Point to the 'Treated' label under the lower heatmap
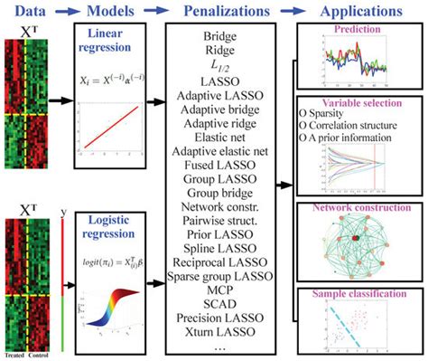click(x=14, y=354)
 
